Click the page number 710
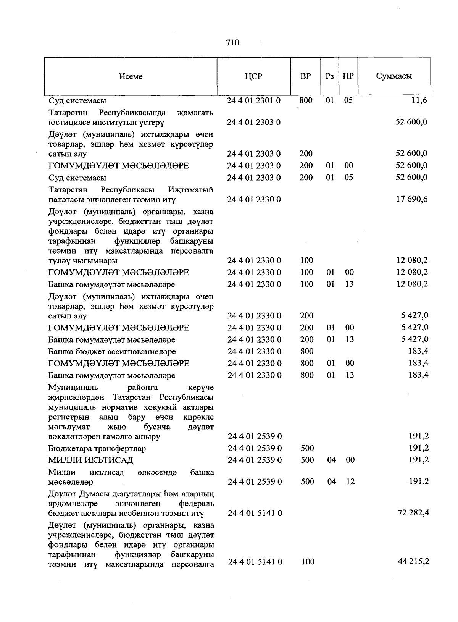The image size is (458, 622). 232,43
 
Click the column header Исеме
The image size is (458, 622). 131,76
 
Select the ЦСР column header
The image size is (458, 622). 253,76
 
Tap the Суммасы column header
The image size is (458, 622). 394,76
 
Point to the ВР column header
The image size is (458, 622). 305,76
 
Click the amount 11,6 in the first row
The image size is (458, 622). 419,100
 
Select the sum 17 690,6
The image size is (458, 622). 412,199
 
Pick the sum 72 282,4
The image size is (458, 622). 413,512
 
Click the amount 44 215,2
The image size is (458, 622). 413,561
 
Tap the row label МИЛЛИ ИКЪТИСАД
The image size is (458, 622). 91,460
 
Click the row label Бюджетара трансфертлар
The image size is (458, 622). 97,448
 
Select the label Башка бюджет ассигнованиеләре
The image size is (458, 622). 112,351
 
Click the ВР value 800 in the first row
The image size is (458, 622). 306,100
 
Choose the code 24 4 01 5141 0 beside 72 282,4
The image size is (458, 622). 255,513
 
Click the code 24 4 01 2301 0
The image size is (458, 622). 253,101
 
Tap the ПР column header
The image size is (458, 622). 348,76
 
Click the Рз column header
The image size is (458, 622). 330,76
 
